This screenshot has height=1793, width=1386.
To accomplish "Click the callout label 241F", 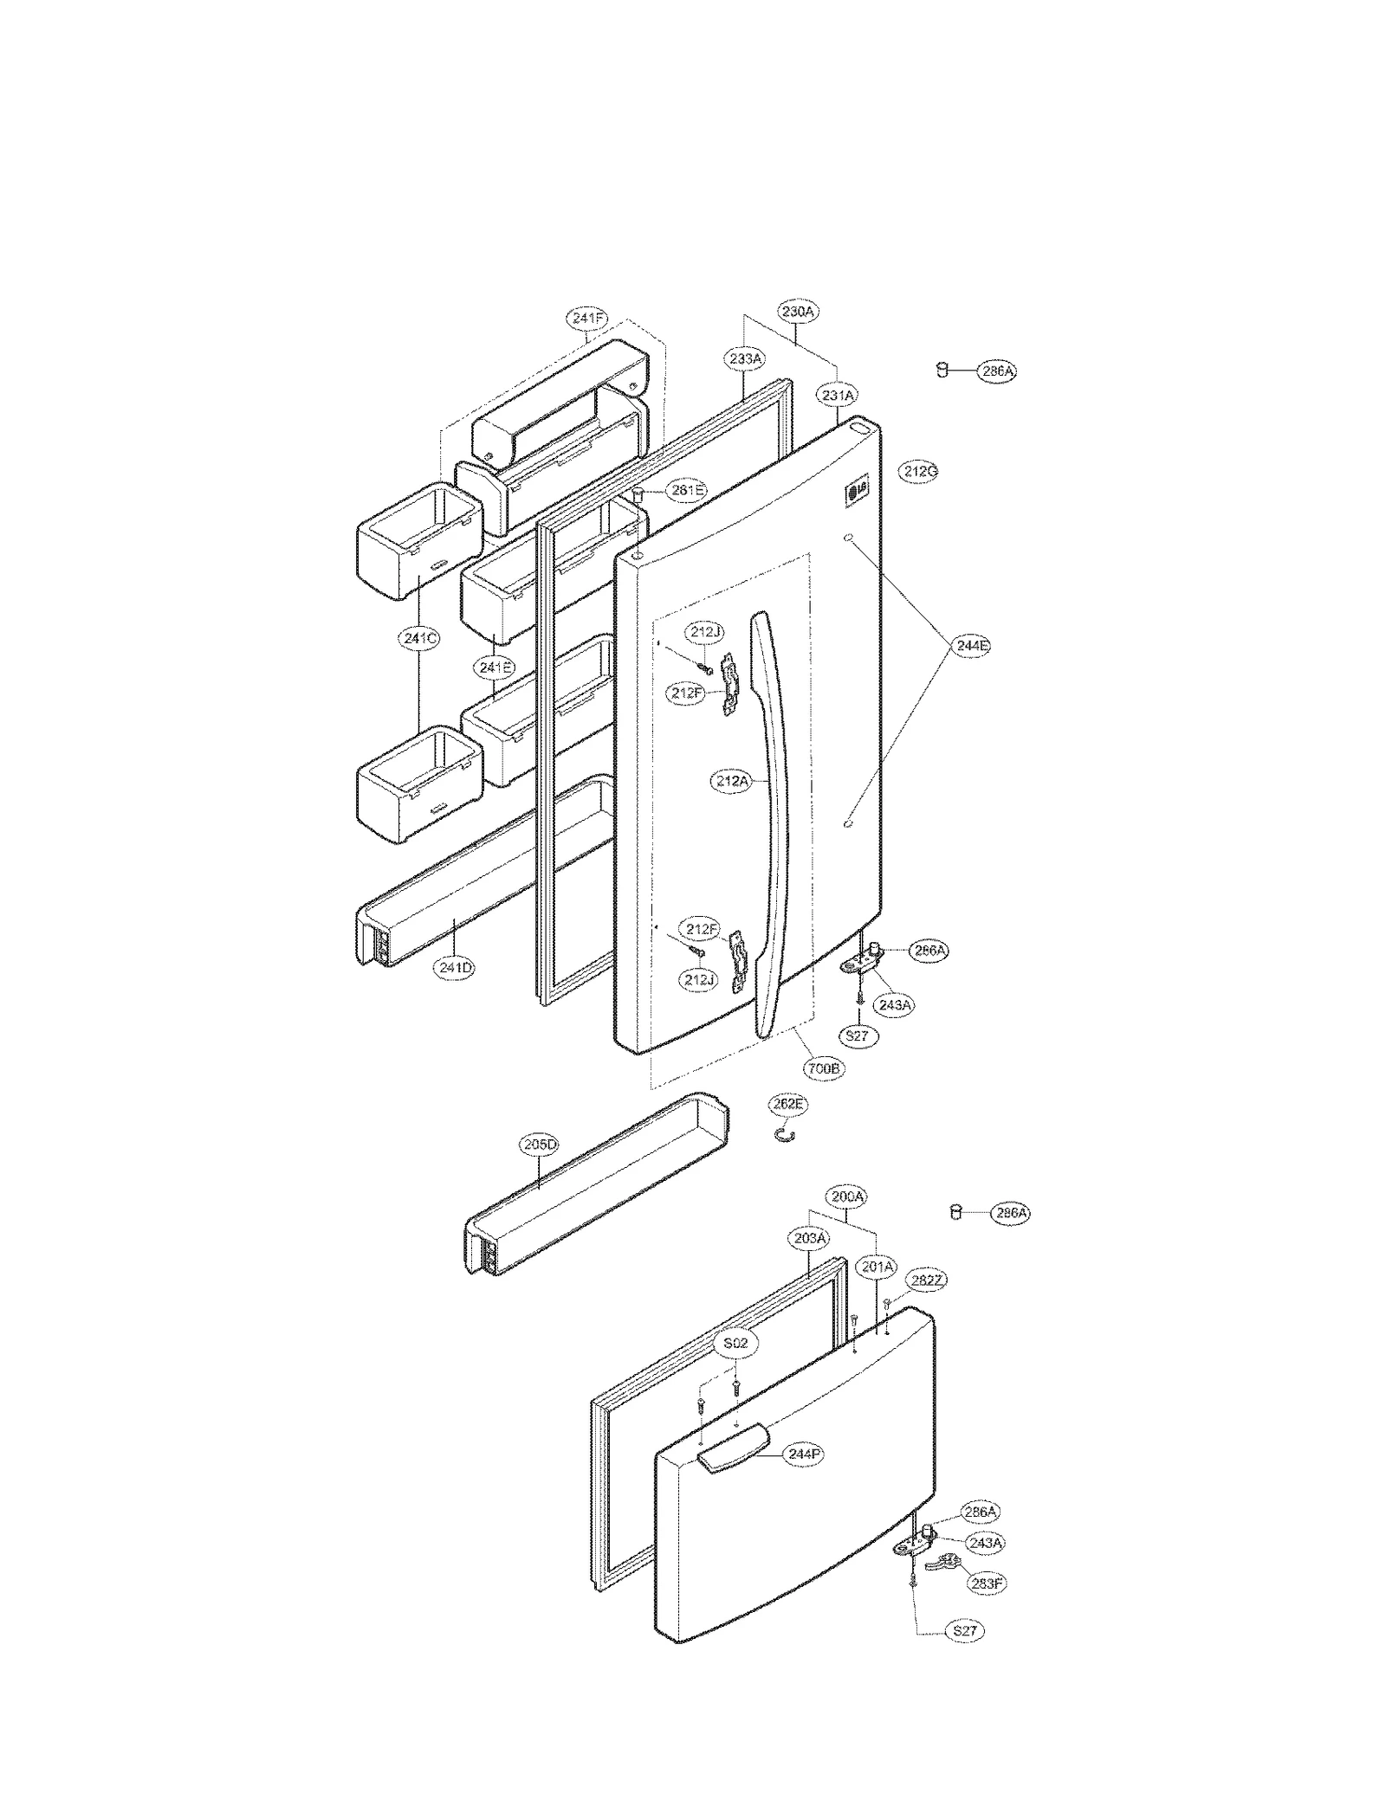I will tap(587, 319).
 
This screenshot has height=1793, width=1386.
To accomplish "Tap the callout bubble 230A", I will tap(798, 312).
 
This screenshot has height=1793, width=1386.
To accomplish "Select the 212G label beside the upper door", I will tap(919, 472).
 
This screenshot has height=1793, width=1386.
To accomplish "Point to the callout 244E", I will tap(970, 646).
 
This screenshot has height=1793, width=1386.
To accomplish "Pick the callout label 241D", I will tap(455, 968).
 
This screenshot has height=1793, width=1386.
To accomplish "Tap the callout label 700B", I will tap(823, 1069).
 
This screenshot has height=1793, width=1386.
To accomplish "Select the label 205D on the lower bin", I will tap(540, 1145).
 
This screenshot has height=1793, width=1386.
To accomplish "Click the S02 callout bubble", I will tap(735, 1344).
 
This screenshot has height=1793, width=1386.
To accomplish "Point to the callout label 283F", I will tap(988, 1583).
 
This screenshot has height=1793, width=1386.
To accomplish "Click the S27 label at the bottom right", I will tap(964, 1631).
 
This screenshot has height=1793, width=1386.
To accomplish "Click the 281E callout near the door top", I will tap(687, 491).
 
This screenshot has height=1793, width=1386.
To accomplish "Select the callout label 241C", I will tap(420, 639).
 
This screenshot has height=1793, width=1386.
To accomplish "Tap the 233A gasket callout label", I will tap(745, 358).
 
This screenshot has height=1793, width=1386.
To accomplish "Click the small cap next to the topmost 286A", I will tap(941, 371).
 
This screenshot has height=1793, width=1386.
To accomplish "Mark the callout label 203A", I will tap(810, 1239).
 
